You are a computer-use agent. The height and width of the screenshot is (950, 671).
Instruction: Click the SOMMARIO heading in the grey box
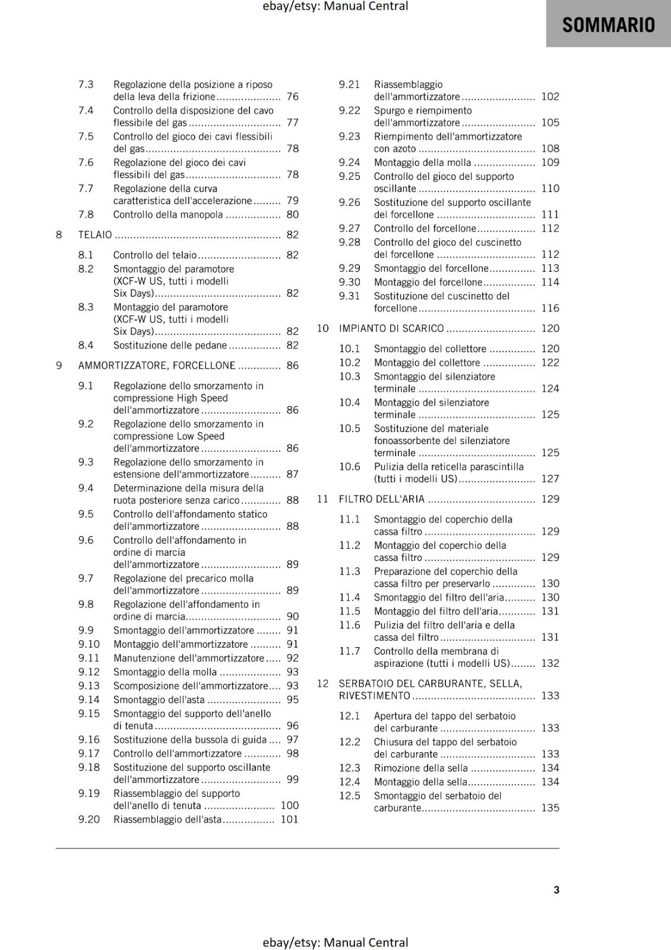[608, 25]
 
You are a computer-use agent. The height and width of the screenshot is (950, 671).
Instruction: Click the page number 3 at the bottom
[556, 889]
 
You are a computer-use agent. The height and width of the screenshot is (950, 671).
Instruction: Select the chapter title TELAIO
[95, 235]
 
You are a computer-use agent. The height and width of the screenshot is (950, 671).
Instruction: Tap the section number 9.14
[89, 699]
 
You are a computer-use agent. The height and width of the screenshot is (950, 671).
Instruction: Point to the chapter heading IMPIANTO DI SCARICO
[391, 328]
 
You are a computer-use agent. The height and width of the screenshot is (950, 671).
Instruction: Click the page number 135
[550, 807]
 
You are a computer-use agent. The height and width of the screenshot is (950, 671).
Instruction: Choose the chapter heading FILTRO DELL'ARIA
[382, 499]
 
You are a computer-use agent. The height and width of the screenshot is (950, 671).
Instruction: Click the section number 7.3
[86, 84]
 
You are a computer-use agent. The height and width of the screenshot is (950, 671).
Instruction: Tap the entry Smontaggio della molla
[165, 672]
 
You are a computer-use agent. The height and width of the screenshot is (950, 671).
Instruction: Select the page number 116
[550, 308]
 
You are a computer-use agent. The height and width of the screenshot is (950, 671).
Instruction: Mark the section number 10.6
[350, 467]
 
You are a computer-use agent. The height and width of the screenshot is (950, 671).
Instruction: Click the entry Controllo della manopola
[168, 215]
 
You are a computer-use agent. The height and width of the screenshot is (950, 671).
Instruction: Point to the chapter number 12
[322, 683]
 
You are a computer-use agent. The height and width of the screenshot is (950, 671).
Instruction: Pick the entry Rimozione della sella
[421, 768]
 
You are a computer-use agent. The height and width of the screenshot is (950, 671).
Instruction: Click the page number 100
[290, 806]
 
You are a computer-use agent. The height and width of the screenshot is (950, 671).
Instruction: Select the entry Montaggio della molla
[423, 163]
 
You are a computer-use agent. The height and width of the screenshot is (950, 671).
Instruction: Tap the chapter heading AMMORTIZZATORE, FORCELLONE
[157, 366]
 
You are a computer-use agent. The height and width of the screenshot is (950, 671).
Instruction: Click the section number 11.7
[350, 651]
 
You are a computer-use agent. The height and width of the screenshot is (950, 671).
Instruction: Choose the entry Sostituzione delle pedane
[170, 346]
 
